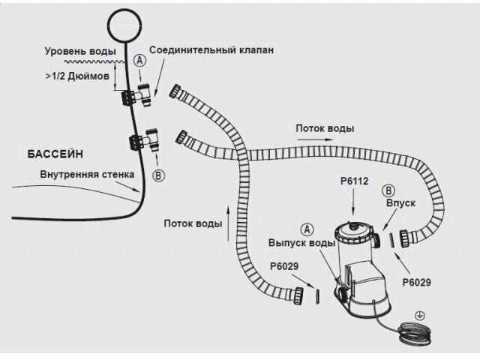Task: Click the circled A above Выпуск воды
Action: (x=305, y=228)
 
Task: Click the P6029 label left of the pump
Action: (x=285, y=265)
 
